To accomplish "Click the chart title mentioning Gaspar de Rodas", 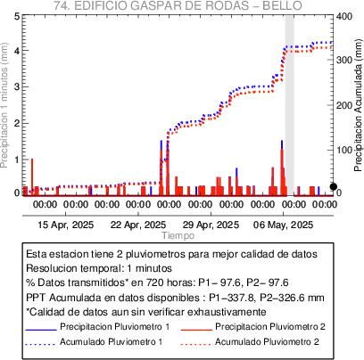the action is [178, 5].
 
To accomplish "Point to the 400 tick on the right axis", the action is [344, 16].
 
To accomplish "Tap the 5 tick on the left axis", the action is [17, 16].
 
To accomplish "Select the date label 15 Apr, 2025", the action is [66, 225].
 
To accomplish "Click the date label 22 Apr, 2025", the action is [138, 225].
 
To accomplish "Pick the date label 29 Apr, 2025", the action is [211, 225].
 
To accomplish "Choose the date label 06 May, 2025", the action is [283, 225].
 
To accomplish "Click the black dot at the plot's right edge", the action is [334, 186].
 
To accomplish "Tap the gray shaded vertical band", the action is [290, 105].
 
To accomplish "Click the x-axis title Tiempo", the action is [178, 235].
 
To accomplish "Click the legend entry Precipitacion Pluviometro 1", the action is [115, 327].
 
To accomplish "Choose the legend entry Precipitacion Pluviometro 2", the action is [270, 327].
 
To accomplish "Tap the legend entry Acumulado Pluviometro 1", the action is [112, 342].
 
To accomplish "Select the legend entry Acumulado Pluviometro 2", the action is [267, 342].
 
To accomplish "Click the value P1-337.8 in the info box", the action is [232, 298].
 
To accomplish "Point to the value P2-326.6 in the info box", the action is [283, 298].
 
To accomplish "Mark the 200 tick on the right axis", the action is [344, 105].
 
